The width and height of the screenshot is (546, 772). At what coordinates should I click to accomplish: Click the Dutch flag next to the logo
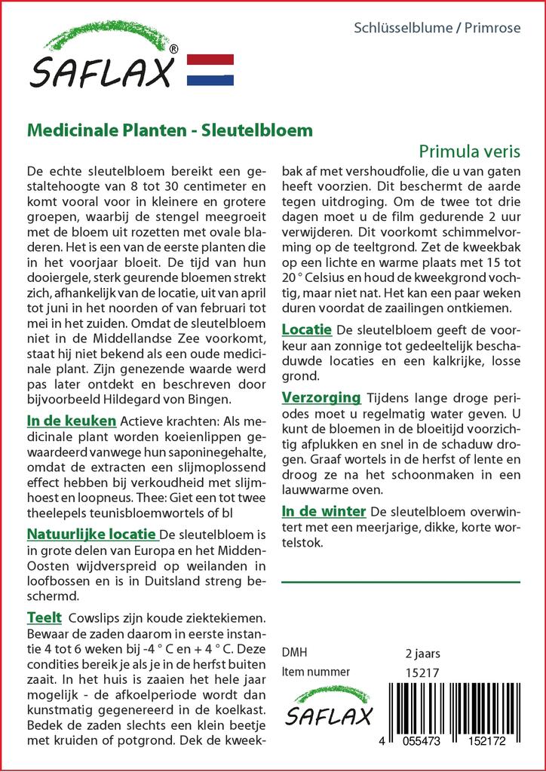pyautogui.click(x=210, y=69)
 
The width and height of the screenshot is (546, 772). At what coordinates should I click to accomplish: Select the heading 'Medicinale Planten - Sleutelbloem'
pyautogui.click(x=170, y=130)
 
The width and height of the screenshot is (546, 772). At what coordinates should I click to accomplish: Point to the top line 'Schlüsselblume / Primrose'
pyautogui.click(x=437, y=29)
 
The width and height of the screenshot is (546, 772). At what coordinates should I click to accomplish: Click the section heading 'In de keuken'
pyautogui.click(x=72, y=420)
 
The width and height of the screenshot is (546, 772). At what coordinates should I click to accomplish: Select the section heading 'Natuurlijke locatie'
pyautogui.click(x=92, y=535)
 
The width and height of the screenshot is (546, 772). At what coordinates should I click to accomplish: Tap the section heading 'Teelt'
pyautogui.click(x=44, y=618)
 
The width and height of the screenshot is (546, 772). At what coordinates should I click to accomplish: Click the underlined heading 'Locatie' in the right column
pyautogui.click(x=307, y=329)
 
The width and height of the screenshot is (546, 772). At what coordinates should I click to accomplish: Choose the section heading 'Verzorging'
pyautogui.click(x=321, y=397)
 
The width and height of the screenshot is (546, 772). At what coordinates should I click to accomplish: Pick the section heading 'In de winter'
pyautogui.click(x=324, y=512)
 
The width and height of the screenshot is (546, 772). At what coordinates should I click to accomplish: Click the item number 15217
pyautogui.click(x=422, y=672)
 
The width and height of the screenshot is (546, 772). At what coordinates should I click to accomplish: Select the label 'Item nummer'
pyautogui.click(x=316, y=672)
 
